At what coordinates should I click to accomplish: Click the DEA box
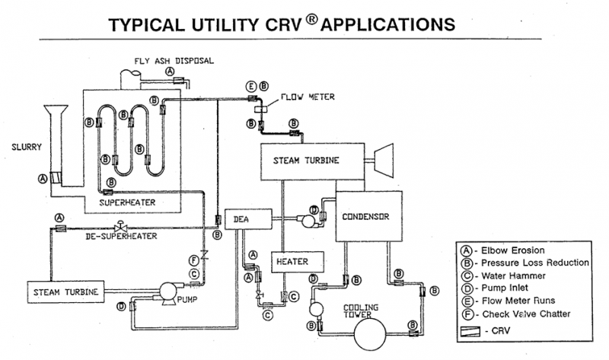242,220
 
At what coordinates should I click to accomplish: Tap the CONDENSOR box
365,216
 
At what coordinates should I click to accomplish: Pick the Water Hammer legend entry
518,276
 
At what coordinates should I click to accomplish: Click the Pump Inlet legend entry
510,288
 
